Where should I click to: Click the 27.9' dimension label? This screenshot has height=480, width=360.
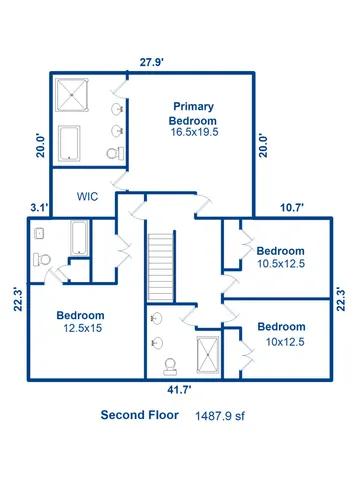pyautogui.click(x=152, y=63)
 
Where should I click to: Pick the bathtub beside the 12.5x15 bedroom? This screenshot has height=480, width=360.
pyautogui.click(x=78, y=238)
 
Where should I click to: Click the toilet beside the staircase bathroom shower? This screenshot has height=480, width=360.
pyautogui.click(x=169, y=365)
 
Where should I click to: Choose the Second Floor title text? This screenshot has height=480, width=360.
pyautogui.click(x=140, y=415)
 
